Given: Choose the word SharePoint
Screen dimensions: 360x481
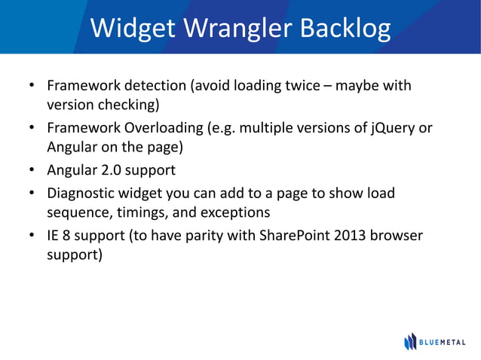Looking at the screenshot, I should [x=296, y=236].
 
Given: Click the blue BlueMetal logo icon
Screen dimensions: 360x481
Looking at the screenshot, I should [x=410, y=341].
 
